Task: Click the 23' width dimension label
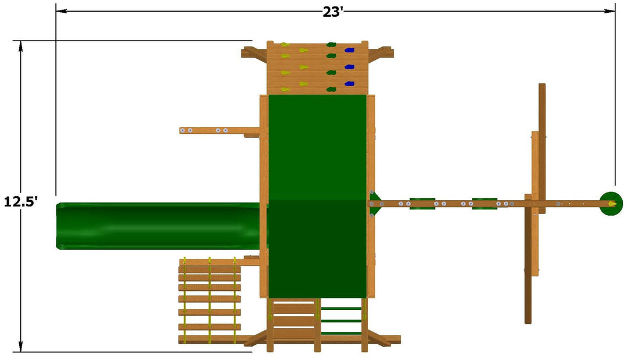pos(333,12)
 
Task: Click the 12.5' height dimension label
pos(20,201)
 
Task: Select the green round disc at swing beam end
pos(611,204)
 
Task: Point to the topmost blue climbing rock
pos(349,50)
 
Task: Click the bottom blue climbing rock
pos(349,84)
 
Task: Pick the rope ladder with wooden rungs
pos(209,300)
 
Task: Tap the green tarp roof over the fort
pos(317,196)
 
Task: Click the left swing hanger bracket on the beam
pos(422,204)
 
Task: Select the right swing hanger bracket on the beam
pos(484,204)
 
